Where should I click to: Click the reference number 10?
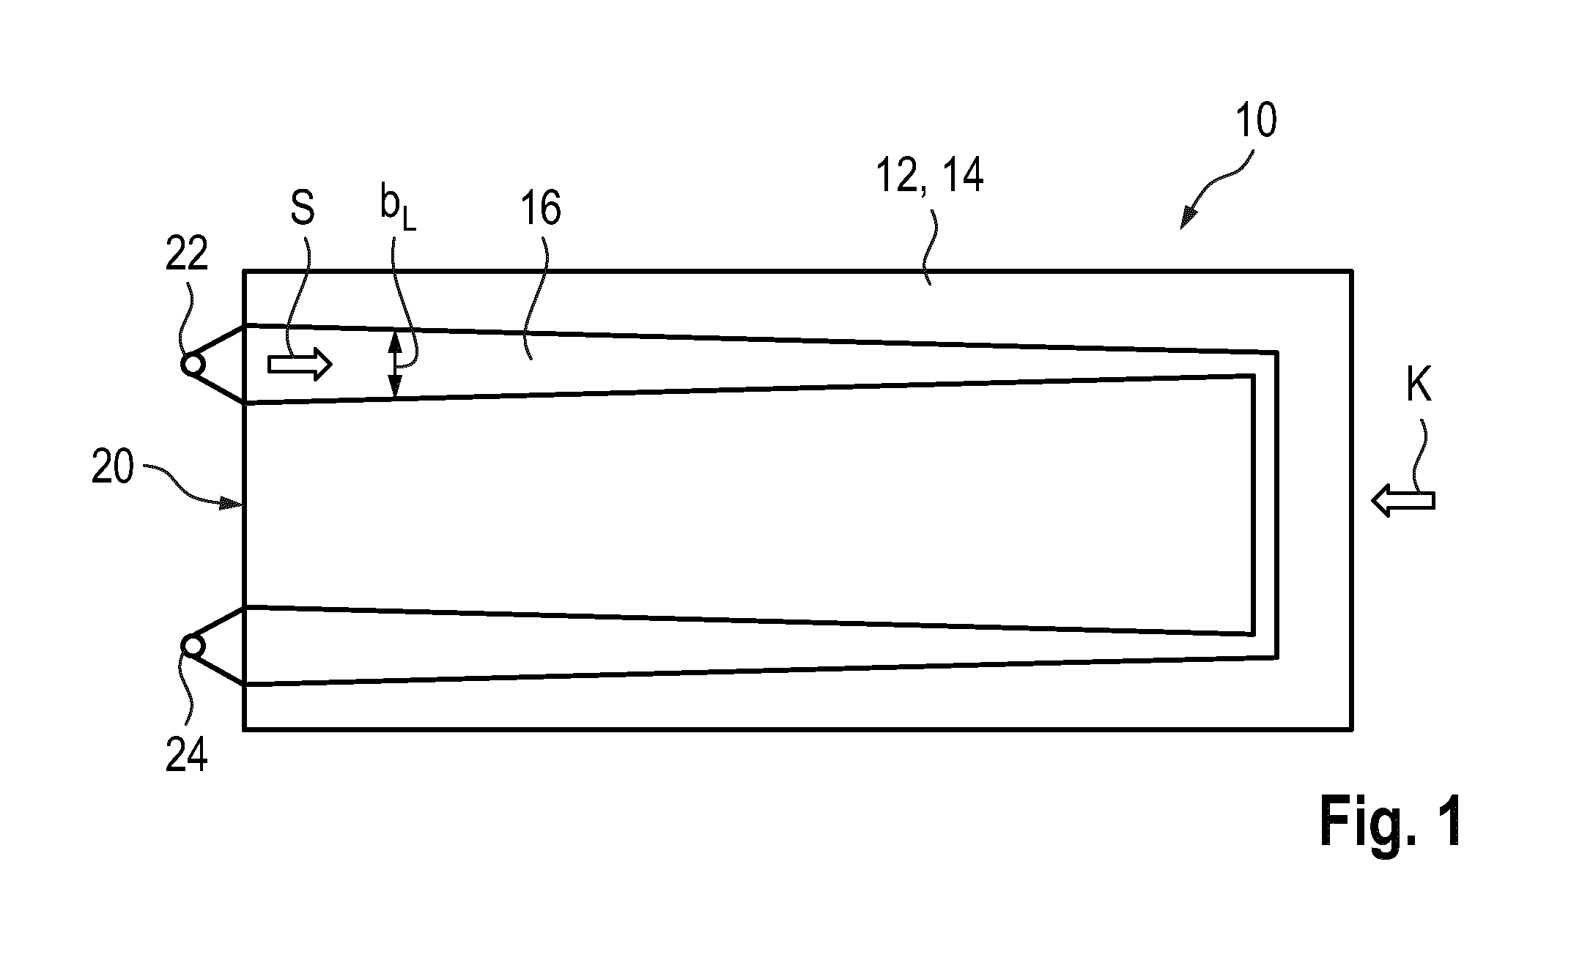pos(1256,121)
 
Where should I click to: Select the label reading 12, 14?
pos(930,176)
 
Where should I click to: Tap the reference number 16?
pos(541,208)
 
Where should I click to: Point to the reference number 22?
pos(187,255)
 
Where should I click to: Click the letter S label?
pos(302,208)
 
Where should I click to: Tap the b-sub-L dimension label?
pos(398,209)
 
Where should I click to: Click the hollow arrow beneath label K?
pos(1403,502)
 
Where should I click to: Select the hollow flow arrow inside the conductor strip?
pos(300,364)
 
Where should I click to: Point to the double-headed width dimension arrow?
pos(395,364)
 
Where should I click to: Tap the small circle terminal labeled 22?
pos(193,364)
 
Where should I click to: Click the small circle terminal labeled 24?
pos(193,646)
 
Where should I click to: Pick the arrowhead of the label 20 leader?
pos(234,502)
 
